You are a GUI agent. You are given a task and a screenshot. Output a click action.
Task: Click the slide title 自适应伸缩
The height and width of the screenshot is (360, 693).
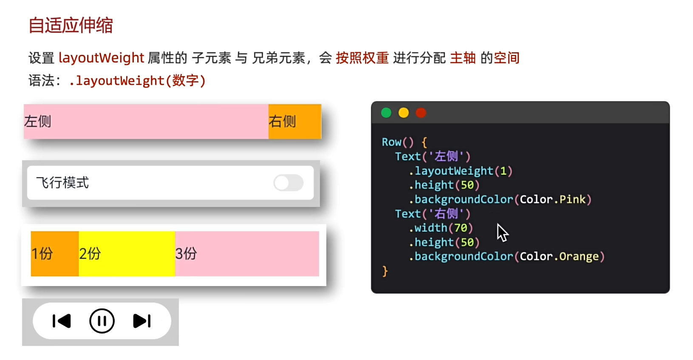point(71,26)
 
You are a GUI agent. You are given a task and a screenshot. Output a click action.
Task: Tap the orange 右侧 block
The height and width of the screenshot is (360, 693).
point(294,122)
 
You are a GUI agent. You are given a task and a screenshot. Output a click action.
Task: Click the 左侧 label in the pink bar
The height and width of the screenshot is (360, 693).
point(38,122)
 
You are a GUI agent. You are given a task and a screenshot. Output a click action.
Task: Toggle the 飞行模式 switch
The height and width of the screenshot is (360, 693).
point(288,183)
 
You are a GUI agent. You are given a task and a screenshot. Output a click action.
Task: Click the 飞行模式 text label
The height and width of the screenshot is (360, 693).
point(62,183)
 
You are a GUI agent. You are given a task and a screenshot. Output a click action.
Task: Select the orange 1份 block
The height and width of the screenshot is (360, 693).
point(54,254)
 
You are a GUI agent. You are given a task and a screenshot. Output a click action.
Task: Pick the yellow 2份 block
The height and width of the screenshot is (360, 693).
point(127,254)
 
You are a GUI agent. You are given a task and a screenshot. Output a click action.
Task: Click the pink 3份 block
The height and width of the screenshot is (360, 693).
point(246,254)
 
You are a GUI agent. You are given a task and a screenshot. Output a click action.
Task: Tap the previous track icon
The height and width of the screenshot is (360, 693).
point(62,321)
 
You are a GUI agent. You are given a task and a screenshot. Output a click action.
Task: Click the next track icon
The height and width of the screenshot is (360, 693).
point(142,321)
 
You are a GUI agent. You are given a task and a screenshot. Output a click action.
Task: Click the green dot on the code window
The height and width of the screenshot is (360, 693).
point(386,113)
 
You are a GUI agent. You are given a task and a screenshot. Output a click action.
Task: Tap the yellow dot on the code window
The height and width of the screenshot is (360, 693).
point(404,113)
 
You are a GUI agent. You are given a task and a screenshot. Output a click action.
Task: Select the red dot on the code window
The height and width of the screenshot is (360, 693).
point(421,113)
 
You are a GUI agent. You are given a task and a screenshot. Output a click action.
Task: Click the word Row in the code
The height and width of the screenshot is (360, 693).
point(391,142)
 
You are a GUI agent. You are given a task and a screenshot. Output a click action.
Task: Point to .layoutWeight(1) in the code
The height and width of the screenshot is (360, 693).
point(461,171)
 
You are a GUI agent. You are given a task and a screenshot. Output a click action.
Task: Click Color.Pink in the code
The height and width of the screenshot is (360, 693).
point(552,199)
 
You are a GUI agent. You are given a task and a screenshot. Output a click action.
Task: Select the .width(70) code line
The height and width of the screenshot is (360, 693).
point(441,228)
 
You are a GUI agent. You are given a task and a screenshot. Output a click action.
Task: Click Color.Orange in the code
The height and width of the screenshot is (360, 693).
point(559,256)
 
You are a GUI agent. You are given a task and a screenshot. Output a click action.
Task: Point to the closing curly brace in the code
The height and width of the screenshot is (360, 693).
point(385,271)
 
